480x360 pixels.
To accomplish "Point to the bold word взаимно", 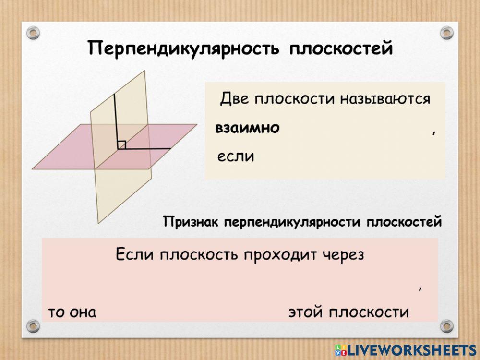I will [x=247, y=128].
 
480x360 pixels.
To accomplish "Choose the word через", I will [x=344, y=254].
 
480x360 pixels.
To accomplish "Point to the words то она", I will [x=72, y=312].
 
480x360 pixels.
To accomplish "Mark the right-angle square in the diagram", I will [x=121, y=144].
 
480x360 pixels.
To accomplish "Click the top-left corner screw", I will [x=33, y=33].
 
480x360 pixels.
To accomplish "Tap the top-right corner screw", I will [x=446, y=33].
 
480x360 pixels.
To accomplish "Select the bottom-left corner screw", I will [x=33, y=325].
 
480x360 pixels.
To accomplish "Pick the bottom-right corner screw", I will [x=446, y=325].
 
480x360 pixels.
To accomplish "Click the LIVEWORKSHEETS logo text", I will [x=410, y=349].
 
